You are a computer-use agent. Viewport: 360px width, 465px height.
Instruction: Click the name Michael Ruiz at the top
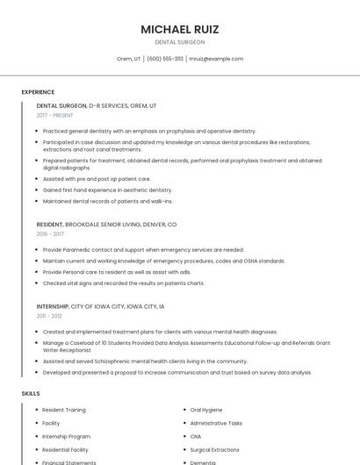pos(180,29)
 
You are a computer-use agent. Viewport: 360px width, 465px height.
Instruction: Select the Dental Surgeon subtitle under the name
pos(180,42)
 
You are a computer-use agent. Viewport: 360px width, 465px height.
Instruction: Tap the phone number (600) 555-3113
pos(165,59)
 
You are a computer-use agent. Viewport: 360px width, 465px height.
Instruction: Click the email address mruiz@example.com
pos(216,59)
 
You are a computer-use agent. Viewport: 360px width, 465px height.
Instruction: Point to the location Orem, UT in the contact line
pos(128,59)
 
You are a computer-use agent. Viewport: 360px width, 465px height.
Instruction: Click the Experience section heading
pos(38,92)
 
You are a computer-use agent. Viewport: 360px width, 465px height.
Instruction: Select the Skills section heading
pos(31,394)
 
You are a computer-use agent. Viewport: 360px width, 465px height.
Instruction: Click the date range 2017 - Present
pos(55,115)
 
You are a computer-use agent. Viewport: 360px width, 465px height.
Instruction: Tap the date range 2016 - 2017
pos(50,234)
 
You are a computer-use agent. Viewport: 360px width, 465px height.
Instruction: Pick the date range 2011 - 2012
pos(50,316)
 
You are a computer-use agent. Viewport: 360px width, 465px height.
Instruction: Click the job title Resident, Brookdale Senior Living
pos(106,225)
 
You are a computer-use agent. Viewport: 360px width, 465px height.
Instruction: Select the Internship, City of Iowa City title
pos(100,306)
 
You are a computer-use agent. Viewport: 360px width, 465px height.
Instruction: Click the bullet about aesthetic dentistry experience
pos(107,190)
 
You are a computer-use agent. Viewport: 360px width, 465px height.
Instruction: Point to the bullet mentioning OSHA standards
pos(163,261)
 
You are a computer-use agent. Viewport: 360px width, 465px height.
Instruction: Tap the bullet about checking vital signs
pos(123,283)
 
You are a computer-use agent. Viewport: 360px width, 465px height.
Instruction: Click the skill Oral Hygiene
pos(206,410)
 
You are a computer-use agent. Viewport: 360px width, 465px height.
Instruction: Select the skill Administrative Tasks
pos(216,423)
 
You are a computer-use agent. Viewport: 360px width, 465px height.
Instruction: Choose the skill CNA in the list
pos(196,436)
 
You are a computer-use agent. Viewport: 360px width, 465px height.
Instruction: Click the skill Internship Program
pos(66,436)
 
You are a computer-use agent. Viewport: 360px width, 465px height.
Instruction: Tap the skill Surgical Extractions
pos(214,449)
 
